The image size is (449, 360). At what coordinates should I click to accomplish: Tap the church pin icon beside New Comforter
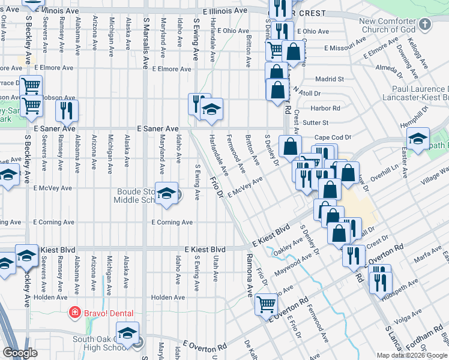426,25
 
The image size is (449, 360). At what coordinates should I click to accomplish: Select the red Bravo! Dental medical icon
74,313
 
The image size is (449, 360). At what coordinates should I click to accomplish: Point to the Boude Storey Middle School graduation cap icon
166,194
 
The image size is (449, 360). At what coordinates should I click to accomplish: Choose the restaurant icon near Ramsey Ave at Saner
66,110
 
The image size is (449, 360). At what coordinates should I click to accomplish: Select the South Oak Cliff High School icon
127,333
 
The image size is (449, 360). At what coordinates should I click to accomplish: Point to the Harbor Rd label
326,108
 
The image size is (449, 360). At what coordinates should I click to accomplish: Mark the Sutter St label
317,122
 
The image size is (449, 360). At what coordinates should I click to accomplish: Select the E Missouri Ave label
344,47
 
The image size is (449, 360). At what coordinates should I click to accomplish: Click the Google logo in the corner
20,352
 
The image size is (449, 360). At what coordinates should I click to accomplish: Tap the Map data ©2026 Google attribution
412,355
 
